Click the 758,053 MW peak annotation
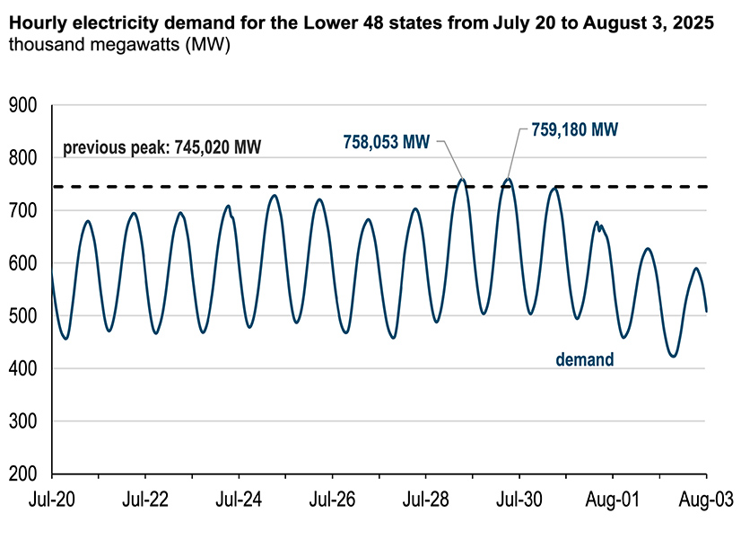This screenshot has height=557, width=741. click(387, 141)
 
